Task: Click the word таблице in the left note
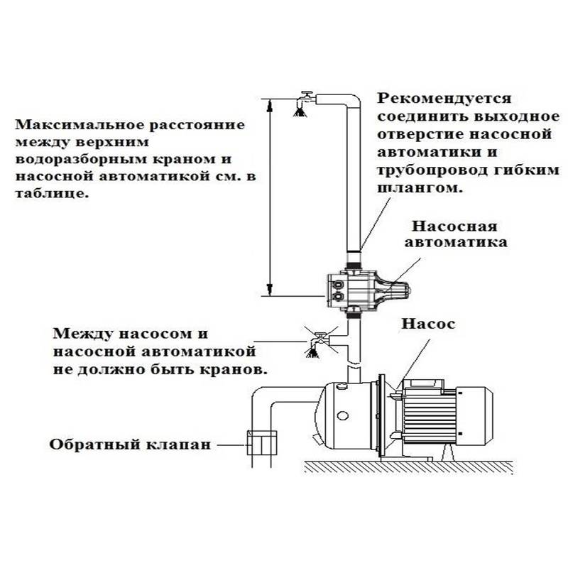pyautogui.click(x=52, y=193)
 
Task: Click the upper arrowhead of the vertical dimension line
pyautogui.click(x=270, y=104)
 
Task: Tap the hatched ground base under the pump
pyautogui.click(x=408, y=466)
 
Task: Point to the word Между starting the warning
pyautogui.click(x=82, y=333)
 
